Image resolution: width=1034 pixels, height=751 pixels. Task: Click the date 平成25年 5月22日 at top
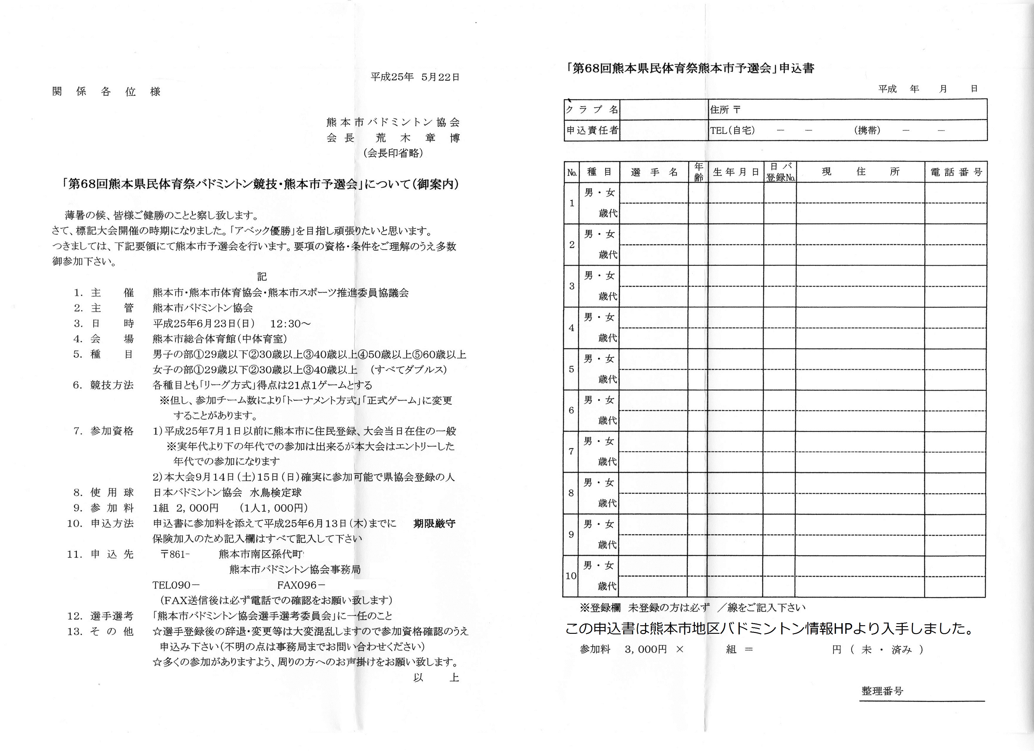click(415, 77)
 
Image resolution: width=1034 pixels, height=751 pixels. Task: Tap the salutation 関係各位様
click(106, 92)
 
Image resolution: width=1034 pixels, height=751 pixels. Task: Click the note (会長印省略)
click(393, 153)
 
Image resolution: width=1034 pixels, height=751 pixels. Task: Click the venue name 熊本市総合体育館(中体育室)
click(220, 339)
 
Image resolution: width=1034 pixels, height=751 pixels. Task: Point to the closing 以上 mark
click(436, 678)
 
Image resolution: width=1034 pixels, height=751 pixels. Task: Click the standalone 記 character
click(261, 277)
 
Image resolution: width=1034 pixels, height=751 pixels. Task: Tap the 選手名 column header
click(654, 172)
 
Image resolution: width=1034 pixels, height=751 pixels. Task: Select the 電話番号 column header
click(956, 172)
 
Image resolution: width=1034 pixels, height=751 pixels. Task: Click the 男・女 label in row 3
click(599, 276)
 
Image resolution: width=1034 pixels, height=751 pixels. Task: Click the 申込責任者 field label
click(592, 130)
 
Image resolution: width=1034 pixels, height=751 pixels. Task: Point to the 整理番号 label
click(882, 691)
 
